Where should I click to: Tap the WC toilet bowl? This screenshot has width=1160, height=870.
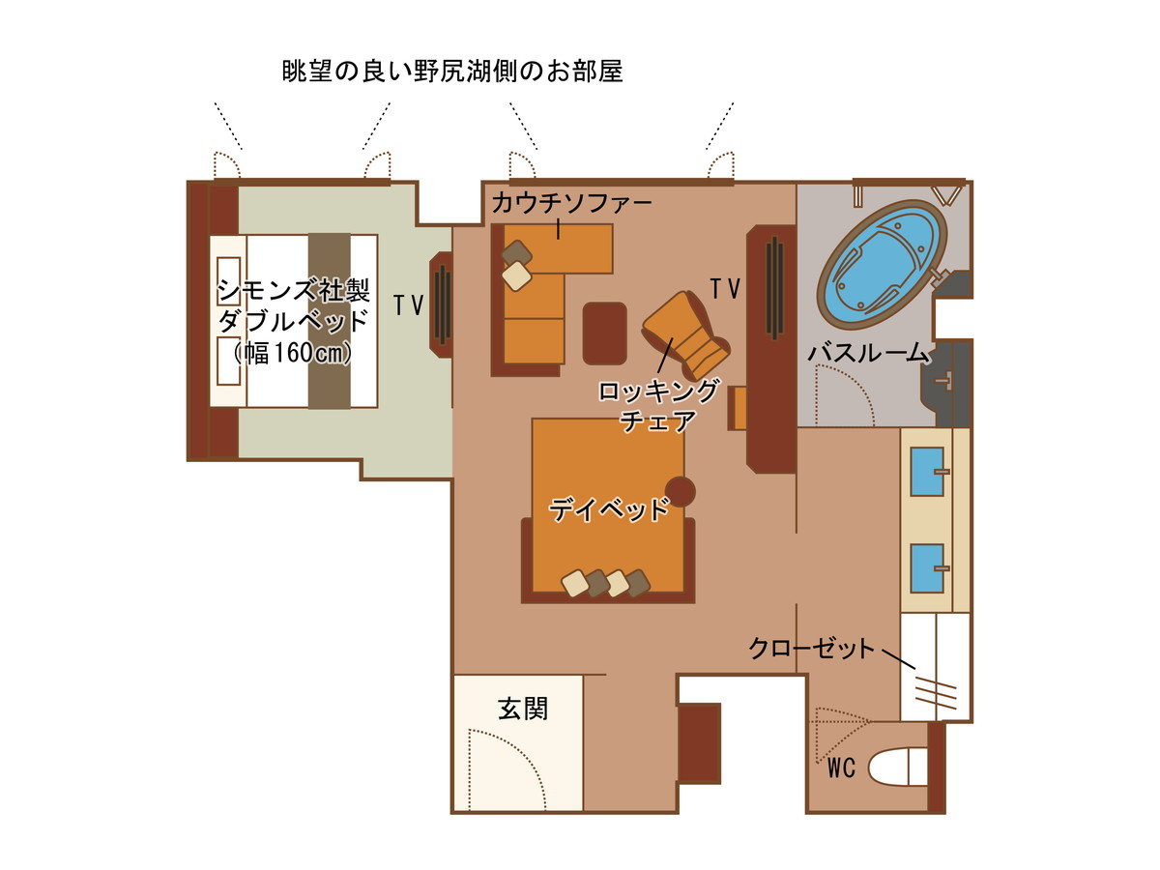click(897, 767)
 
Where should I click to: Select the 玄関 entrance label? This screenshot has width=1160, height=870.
click(523, 709)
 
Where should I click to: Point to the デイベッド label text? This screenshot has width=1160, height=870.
click(609, 509)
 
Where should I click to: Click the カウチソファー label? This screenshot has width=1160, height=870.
click(571, 203)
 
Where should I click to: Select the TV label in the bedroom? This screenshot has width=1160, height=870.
click(409, 305)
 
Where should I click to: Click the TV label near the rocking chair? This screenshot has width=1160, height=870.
click(725, 288)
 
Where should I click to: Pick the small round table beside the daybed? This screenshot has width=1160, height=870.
click(681, 492)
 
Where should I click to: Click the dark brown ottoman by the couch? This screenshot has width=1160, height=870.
click(604, 333)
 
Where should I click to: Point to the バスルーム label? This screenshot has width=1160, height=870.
click(868, 352)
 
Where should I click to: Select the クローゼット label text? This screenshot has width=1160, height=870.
click(811, 648)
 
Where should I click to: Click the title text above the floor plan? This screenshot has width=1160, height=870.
click(452, 72)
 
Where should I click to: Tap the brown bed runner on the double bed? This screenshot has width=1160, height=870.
click(330, 321)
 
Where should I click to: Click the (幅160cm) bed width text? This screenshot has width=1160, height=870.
click(292, 353)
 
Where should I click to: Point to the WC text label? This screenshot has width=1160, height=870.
click(841, 768)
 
